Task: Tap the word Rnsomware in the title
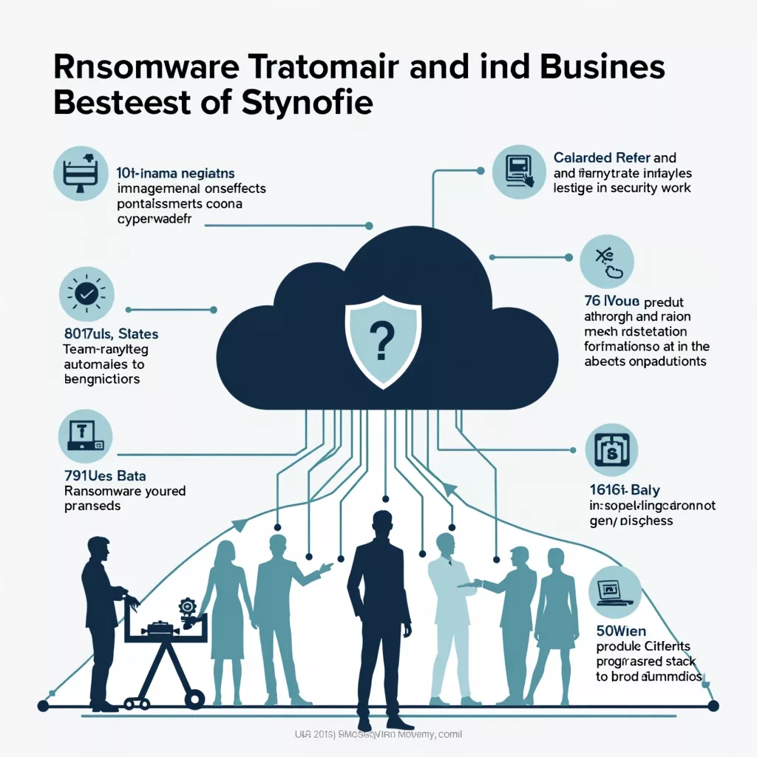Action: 145,67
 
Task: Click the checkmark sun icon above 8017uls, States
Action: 85,294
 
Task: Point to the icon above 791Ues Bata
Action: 85,437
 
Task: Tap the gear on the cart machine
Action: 187,607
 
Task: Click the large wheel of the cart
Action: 195,696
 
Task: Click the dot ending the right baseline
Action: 713,706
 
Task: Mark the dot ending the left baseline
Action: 43,706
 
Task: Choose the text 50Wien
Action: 621,631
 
